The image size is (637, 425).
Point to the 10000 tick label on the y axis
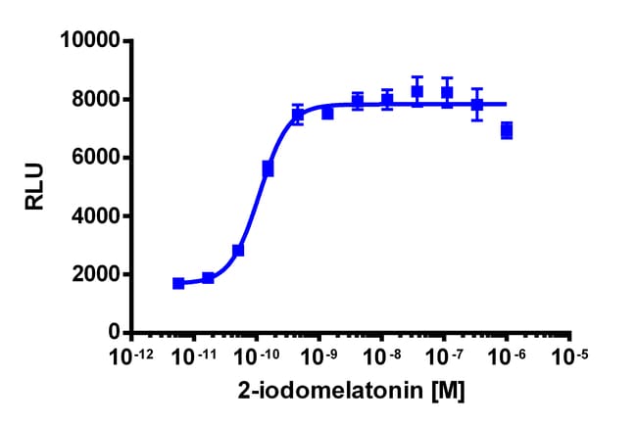89,41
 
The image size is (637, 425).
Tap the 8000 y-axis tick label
95,99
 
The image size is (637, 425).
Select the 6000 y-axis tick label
95,158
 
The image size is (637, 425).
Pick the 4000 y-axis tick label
95,215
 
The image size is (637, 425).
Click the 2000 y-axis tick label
95,274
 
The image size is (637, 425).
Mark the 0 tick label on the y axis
114,332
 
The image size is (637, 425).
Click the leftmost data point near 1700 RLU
178,283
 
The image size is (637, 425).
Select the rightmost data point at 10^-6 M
507,130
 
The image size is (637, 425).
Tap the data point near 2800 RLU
238,251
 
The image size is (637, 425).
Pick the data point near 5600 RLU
268,168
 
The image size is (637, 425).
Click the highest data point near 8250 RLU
417,92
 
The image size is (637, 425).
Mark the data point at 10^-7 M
447,93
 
